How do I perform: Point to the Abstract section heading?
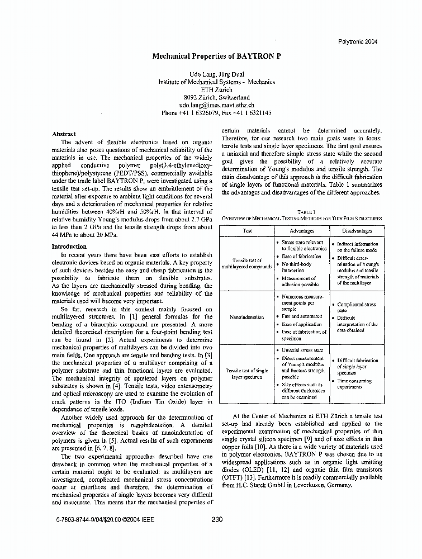pos(64,134)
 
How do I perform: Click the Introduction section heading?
pos(69,247)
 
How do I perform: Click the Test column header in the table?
pos(246,231)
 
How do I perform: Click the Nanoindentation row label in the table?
pos(246,317)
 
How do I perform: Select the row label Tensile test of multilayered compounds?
pos(246,264)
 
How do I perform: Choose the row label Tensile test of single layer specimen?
pos(246,373)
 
